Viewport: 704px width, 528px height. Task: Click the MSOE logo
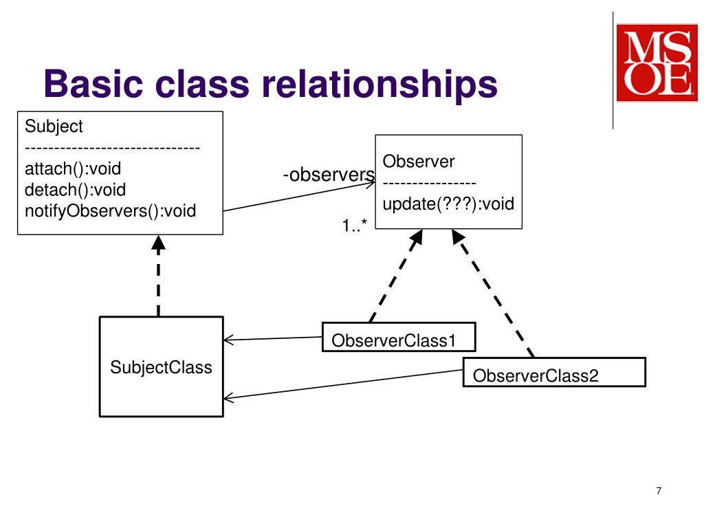point(657,63)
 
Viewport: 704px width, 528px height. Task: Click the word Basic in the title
point(93,83)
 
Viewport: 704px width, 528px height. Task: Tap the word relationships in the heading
point(379,85)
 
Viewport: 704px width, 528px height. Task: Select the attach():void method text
point(73,169)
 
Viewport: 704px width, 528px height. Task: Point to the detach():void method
point(75,190)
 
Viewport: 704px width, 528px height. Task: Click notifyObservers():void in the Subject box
point(111,211)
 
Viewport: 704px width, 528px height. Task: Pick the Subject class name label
point(54,126)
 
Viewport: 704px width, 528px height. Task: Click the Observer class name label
point(419,162)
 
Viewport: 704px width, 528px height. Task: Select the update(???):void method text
point(448,203)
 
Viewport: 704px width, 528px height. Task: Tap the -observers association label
point(329,175)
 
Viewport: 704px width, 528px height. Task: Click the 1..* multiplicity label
point(355,225)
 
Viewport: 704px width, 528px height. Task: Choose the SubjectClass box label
point(161,367)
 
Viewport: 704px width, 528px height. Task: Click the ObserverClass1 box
point(399,337)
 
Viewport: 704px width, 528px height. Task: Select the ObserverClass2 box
point(554,372)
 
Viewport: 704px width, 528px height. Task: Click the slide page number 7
point(659,491)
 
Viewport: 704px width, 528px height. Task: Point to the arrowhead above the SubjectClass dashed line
point(159,243)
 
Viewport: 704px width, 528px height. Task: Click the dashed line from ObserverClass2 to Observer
point(492,294)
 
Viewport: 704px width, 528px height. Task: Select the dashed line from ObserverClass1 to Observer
point(396,276)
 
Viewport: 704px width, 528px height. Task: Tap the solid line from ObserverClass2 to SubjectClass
point(343,384)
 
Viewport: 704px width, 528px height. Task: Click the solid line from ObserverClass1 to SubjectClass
point(273,338)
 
